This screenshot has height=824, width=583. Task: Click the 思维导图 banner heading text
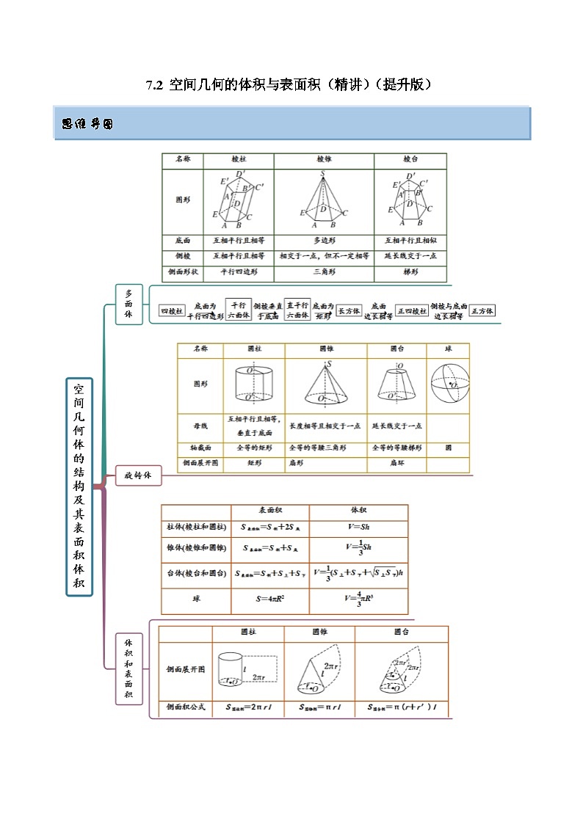click(x=87, y=124)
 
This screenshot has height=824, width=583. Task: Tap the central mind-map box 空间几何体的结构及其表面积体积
click(x=79, y=486)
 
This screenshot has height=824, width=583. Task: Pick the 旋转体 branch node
click(x=137, y=475)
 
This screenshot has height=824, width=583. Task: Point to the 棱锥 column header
click(x=324, y=159)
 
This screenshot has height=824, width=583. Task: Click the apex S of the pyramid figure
click(x=322, y=175)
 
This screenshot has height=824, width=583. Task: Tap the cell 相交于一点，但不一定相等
click(x=324, y=256)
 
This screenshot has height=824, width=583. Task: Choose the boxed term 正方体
click(x=482, y=310)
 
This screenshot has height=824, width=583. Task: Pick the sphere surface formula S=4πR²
click(x=269, y=599)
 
